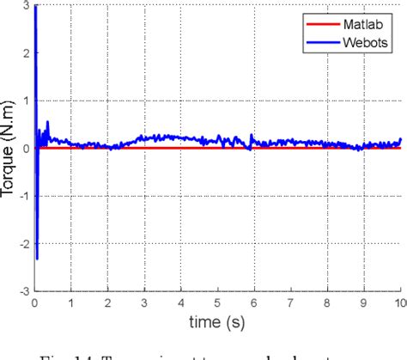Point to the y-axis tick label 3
pos(25,6)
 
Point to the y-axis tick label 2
pos(25,53)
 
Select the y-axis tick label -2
pos(22,243)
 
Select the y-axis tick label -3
pos(22,290)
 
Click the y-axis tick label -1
pos(22,196)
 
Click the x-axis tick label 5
pos(218,302)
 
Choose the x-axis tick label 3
pos(144,302)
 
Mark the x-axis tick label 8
pos(327,302)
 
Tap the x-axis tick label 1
pos(71,302)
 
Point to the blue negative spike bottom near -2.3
pos(37,258)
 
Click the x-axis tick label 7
pos(291,302)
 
